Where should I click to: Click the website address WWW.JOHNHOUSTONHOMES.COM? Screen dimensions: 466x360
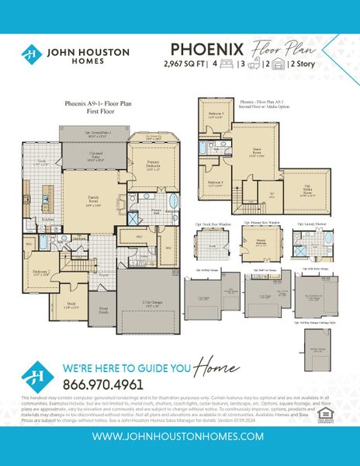coord(179,436)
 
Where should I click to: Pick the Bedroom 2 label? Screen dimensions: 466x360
coord(41,273)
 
